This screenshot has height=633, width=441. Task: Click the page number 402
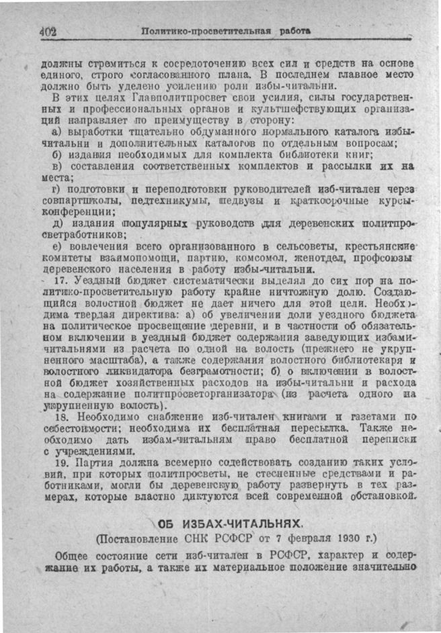(x=48, y=31)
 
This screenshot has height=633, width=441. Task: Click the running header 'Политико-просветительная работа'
(x=226, y=31)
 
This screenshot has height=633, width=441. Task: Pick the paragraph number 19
(x=61, y=464)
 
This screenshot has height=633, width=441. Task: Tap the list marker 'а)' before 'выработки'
(x=58, y=132)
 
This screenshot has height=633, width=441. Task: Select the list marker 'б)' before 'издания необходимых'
(x=58, y=154)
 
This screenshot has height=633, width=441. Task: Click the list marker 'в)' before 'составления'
(x=58, y=165)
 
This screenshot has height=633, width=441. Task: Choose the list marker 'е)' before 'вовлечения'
(x=58, y=246)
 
